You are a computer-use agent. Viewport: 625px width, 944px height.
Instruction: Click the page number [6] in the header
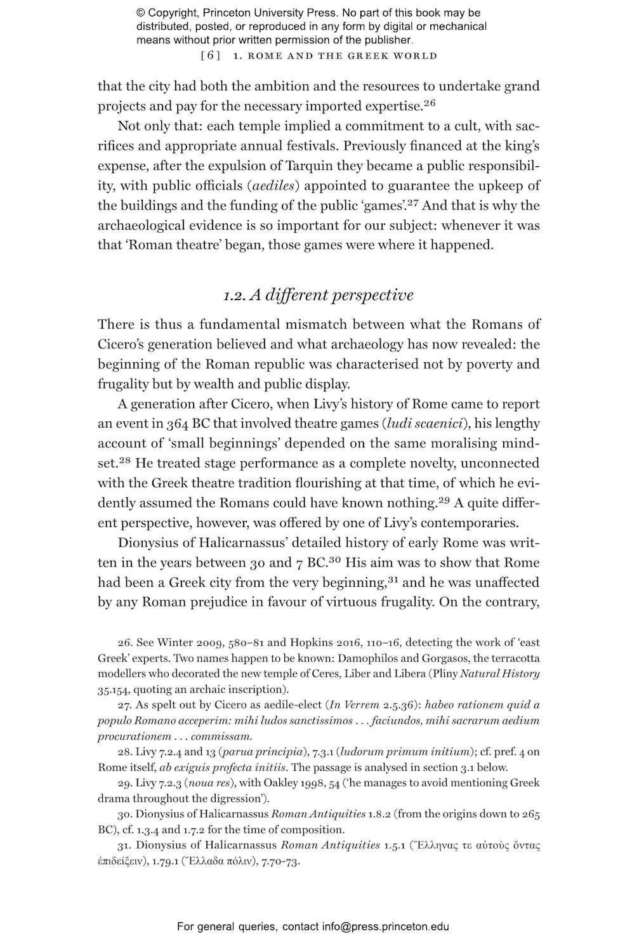[x=210, y=56]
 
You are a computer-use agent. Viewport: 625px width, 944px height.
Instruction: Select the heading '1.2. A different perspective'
[x=318, y=295]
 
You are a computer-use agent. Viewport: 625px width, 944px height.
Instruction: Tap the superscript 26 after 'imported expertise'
[x=430, y=102]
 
